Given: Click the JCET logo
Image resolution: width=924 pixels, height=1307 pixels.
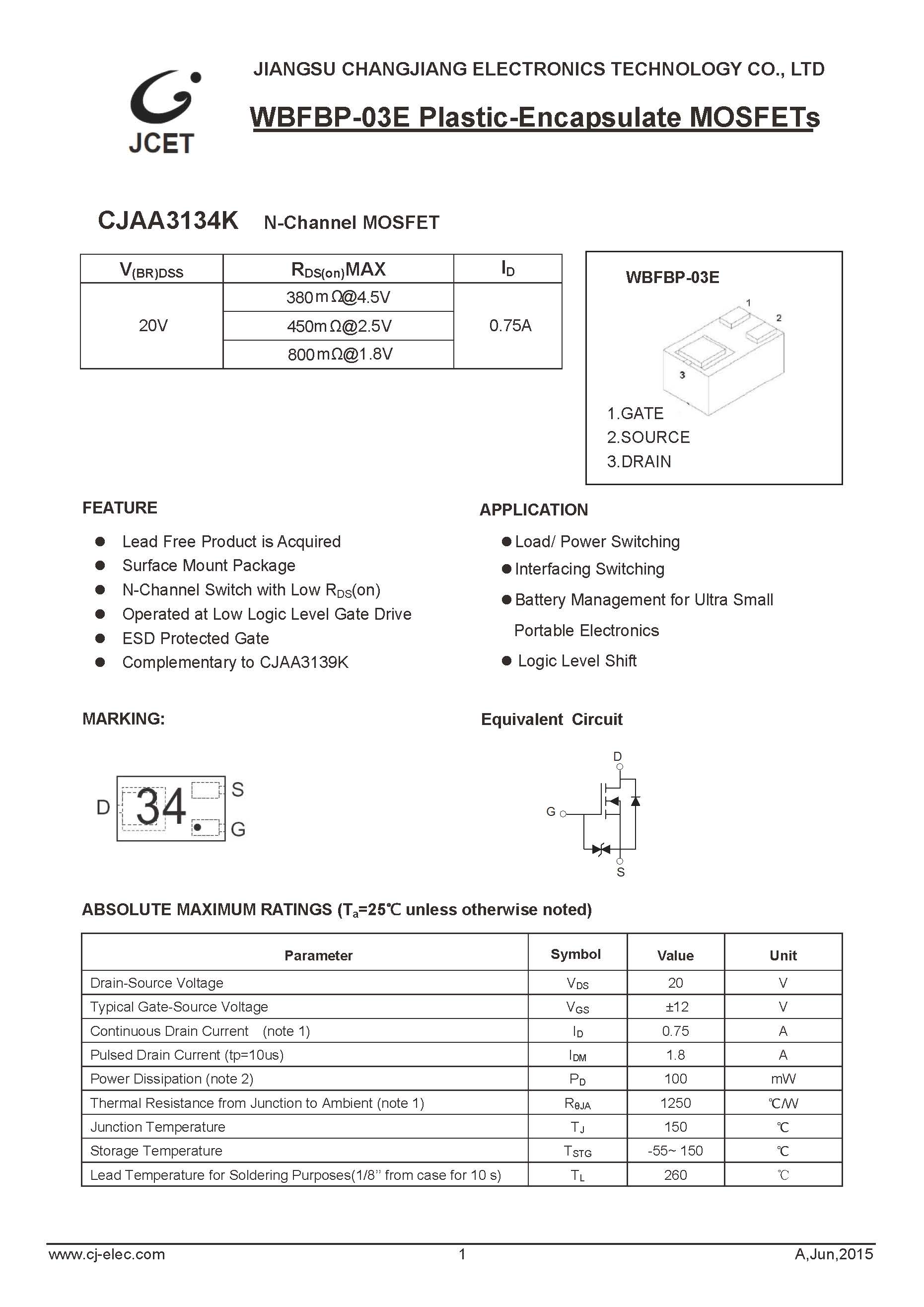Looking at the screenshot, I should (x=163, y=112).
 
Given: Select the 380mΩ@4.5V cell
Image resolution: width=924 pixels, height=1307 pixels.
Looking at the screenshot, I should (x=338, y=297).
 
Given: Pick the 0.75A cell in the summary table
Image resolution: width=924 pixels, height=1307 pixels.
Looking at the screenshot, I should (x=510, y=326).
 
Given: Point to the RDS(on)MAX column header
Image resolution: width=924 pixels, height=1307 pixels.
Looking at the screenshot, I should (x=338, y=269).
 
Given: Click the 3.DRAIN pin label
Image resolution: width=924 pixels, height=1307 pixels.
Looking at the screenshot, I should (x=639, y=462).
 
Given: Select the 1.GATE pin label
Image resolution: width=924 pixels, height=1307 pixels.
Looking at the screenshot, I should (x=635, y=413).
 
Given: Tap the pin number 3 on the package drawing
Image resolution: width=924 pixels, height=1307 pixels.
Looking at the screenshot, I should (x=682, y=375).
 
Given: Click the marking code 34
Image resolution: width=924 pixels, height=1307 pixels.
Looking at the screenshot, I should (x=161, y=806).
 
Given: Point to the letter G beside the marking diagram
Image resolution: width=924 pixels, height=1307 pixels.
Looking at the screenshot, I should (x=238, y=829).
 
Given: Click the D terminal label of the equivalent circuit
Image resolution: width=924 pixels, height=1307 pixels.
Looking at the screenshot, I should (x=618, y=756).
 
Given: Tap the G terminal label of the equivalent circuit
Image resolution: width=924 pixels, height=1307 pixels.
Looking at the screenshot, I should (x=551, y=812).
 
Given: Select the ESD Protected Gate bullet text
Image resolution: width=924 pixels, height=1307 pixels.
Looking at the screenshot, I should (x=195, y=639).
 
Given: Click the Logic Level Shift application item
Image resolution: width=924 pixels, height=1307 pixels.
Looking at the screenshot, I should (x=577, y=661).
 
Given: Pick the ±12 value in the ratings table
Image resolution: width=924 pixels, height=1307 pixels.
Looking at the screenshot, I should (x=676, y=1007).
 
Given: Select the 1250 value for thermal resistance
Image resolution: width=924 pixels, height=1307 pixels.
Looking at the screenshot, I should (x=675, y=1103).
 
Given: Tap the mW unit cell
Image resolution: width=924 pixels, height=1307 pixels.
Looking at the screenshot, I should (x=783, y=1079).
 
